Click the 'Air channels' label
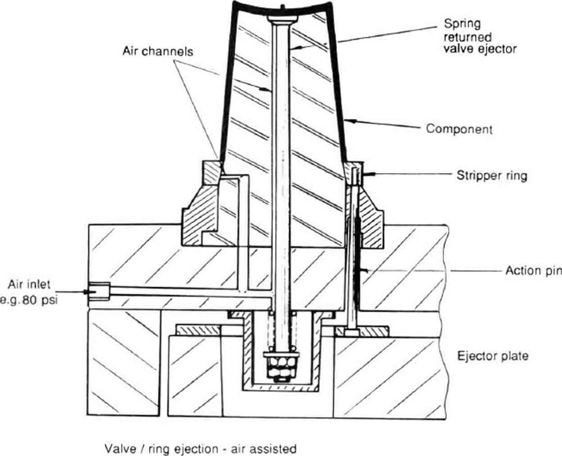click(158, 51)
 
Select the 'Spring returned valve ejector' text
click(479, 36)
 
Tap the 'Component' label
click(459, 129)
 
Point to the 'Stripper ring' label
click(491, 175)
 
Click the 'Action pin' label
click(533, 270)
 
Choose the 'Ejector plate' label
click(493, 356)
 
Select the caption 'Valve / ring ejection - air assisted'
click(200, 449)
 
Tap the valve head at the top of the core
click(282, 18)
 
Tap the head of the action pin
click(351, 332)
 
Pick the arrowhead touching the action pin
click(367, 270)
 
